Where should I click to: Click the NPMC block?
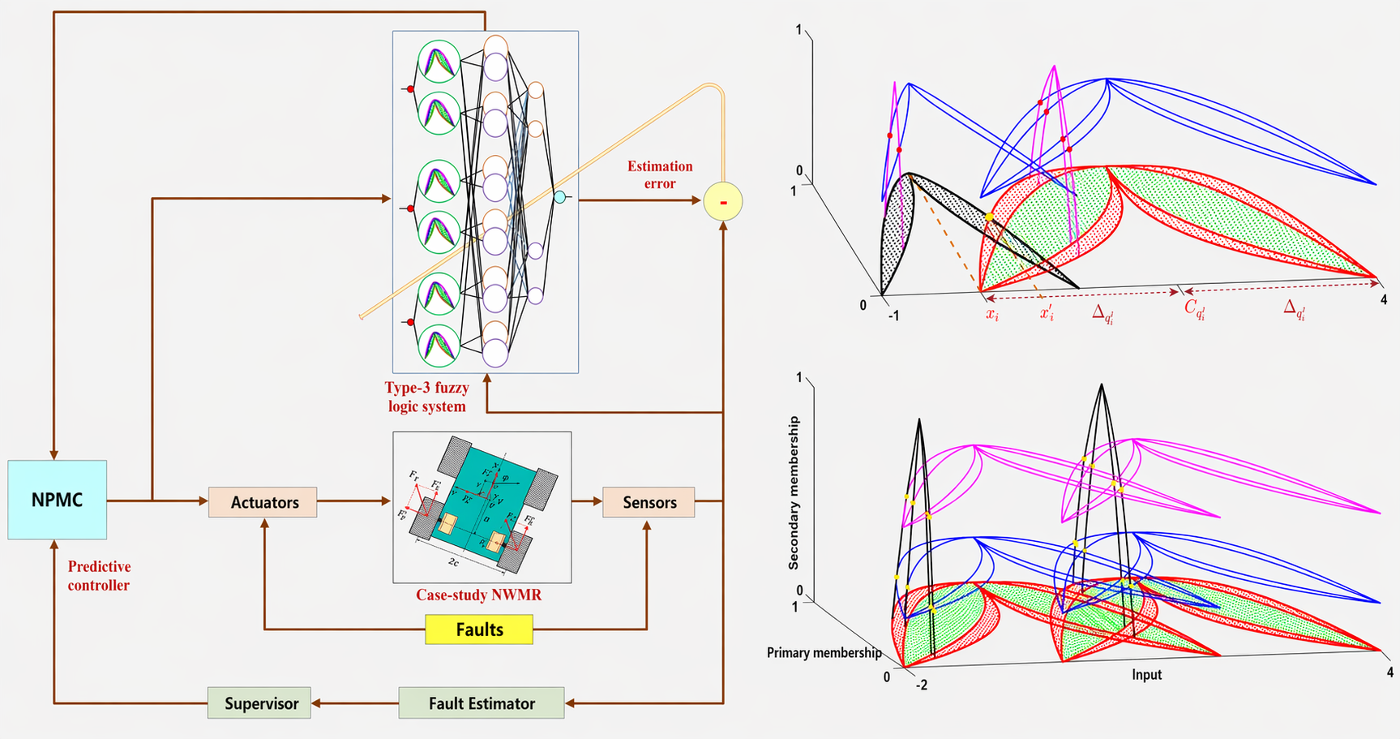[57, 500]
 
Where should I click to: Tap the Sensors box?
[649, 502]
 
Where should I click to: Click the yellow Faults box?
[479, 629]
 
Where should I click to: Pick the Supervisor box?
[260, 703]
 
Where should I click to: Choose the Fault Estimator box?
[482, 703]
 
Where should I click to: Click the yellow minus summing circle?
[722, 201]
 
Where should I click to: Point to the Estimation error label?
[660, 174]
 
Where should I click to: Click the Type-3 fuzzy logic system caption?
[426, 397]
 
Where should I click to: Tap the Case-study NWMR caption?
[478, 595]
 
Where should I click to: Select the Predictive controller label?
[99, 576]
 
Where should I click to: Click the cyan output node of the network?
[559, 196]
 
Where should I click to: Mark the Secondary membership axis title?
[794, 492]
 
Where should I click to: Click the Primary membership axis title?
[824, 652]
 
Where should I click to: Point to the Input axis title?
[1146, 674]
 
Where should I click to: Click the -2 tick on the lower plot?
[921, 685]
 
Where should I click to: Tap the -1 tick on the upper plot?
[893, 316]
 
